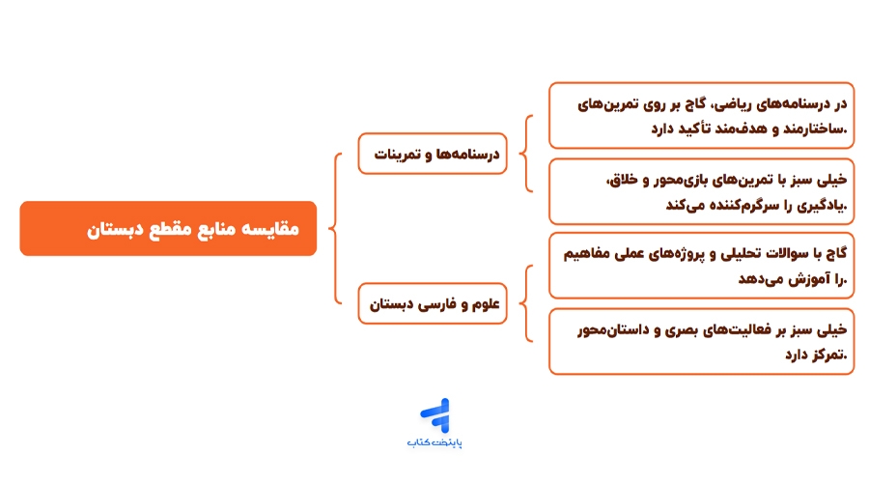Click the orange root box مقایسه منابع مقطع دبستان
tap(168, 229)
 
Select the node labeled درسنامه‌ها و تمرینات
tap(433, 154)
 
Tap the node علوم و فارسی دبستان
tap(433, 303)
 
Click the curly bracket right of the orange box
tap(334, 229)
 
